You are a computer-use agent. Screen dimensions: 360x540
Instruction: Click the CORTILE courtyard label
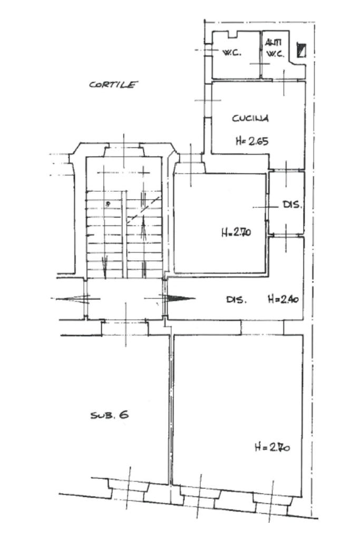pos(113,84)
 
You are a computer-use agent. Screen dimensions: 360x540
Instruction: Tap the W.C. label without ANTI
pos(232,53)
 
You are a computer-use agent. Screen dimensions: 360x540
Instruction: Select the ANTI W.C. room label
pos(275,48)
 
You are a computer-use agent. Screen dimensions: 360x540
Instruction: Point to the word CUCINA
pos(250,118)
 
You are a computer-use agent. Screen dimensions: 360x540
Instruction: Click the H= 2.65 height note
pos(252,141)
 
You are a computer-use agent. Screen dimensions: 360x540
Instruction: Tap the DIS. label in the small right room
pos(292,204)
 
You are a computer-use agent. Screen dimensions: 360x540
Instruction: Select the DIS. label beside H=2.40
pos(236,300)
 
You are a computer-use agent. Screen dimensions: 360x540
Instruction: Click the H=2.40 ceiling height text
pos(283,299)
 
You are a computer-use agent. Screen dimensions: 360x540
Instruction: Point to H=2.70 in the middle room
pos(236,233)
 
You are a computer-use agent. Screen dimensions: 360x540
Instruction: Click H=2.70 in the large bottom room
pos(272,447)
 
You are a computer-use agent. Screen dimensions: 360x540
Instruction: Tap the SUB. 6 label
pos(109,415)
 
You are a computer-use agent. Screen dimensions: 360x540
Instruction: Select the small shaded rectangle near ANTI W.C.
pos(301,50)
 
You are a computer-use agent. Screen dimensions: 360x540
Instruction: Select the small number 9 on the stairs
pos(108,204)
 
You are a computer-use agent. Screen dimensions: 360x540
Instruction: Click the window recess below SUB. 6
pos(129,489)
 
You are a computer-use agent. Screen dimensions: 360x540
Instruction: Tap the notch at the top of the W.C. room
pos(233,34)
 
